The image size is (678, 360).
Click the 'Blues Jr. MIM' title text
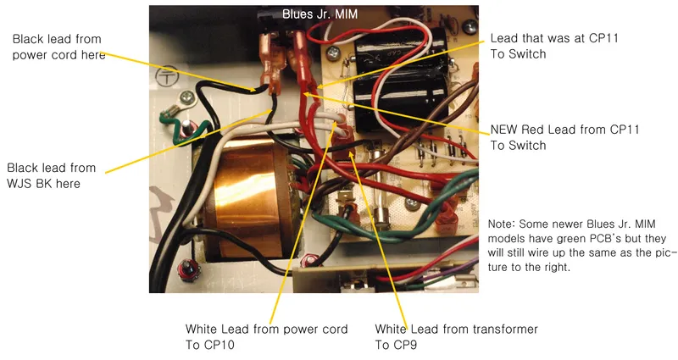click(x=320, y=14)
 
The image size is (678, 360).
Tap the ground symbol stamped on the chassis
click(x=167, y=77)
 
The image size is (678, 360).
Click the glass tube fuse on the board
click(x=378, y=189)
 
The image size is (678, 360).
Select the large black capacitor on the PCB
click(x=399, y=78)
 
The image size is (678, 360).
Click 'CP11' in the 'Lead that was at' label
click(x=603, y=38)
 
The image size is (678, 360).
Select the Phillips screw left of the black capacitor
click(x=333, y=53)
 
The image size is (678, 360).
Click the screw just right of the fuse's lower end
click(x=412, y=202)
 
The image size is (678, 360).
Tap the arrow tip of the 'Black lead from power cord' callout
click(x=255, y=91)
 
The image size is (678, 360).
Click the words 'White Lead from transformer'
click(x=456, y=330)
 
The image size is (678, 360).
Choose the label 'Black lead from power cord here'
click(x=58, y=47)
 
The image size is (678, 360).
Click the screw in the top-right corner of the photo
click(x=470, y=27)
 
